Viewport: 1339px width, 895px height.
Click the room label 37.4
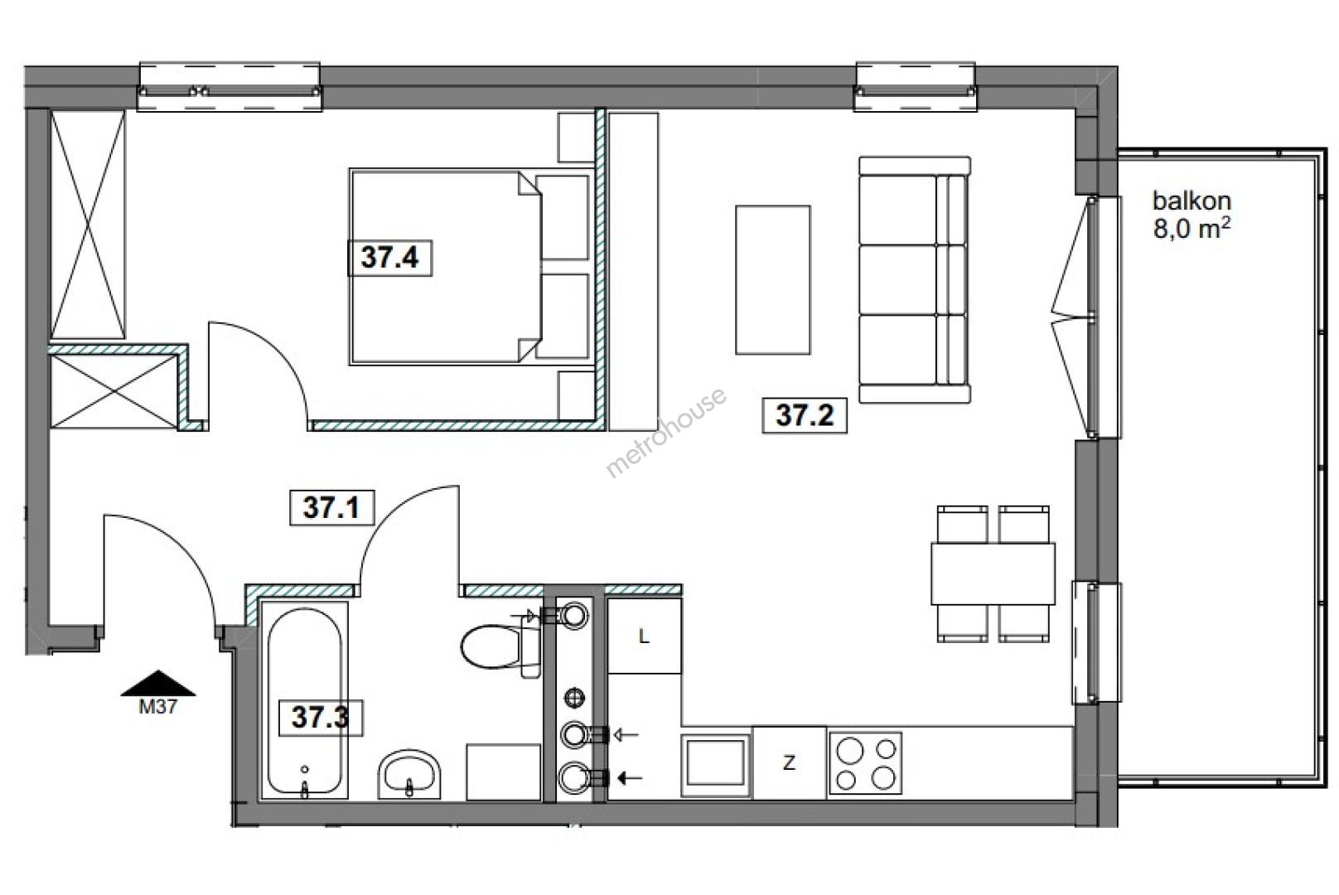pyautogui.click(x=389, y=258)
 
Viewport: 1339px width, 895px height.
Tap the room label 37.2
pyautogui.click(x=805, y=415)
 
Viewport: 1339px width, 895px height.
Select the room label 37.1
pyautogui.click(x=331, y=508)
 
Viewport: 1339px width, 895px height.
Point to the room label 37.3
pyautogui.click(x=321, y=718)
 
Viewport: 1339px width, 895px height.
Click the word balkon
pyautogui.click(x=1192, y=201)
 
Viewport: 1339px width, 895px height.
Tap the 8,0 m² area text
pyautogui.click(x=1192, y=229)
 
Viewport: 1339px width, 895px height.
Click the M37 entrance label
pyautogui.click(x=157, y=707)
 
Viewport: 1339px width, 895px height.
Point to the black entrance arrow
pyautogui.click(x=158, y=683)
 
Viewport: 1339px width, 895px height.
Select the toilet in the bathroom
pyautogui.click(x=501, y=646)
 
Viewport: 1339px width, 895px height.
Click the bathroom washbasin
pyautogui.click(x=409, y=775)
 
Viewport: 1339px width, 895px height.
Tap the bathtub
pyautogui.click(x=305, y=700)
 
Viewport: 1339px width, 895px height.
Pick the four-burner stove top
pyautogui.click(x=866, y=763)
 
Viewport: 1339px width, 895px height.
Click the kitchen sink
pyautogui.click(x=717, y=762)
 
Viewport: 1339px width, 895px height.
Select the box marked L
pyautogui.click(x=645, y=636)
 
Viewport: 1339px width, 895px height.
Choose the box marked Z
pyautogui.click(x=790, y=763)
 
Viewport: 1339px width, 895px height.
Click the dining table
pyautogui.click(x=993, y=573)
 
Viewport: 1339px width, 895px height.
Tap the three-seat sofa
pyautogui.click(x=915, y=280)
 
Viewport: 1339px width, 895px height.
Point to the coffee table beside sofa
pyautogui.click(x=773, y=280)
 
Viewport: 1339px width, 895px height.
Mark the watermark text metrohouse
pyautogui.click(x=666, y=432)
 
